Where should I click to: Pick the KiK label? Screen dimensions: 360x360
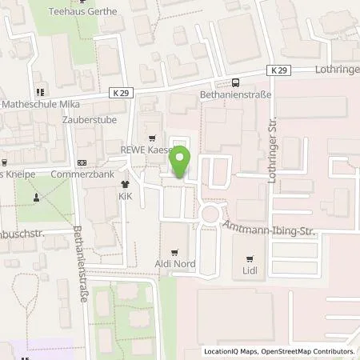(125, 196)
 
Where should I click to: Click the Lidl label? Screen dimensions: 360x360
(250, 272)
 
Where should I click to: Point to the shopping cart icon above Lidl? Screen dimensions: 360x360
(250, 258)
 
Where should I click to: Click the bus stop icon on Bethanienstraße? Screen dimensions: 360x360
(235, 82)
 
